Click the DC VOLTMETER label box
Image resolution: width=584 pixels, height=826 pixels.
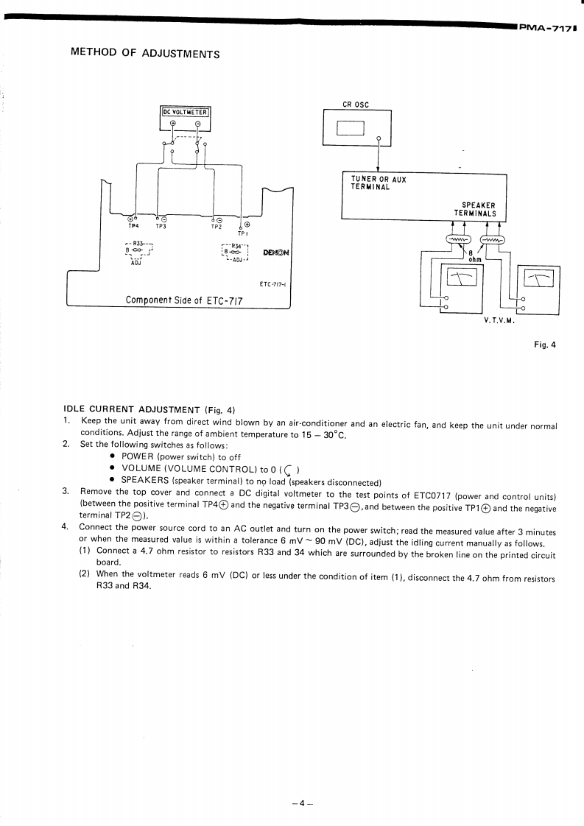(186, 112)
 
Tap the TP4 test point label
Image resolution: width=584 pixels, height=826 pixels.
(133, 227)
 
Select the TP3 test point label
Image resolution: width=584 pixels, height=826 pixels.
(161, 227)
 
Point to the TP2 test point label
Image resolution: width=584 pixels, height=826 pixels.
(217, 227)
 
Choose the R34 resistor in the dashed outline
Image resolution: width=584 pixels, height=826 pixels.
(234, 251)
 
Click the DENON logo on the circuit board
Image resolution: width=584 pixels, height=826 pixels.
(275, 253)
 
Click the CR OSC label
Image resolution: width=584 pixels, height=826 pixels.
(356, 105)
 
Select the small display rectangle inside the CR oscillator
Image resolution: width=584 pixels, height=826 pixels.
(351, 127)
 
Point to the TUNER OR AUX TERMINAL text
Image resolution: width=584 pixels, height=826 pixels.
(379, 183)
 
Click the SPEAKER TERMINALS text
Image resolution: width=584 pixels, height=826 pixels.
(477, 210)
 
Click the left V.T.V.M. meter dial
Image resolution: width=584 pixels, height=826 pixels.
(462, 276)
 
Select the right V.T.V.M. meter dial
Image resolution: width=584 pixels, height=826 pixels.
(538, 278)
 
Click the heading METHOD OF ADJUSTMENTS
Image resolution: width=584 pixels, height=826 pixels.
(144, 54)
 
